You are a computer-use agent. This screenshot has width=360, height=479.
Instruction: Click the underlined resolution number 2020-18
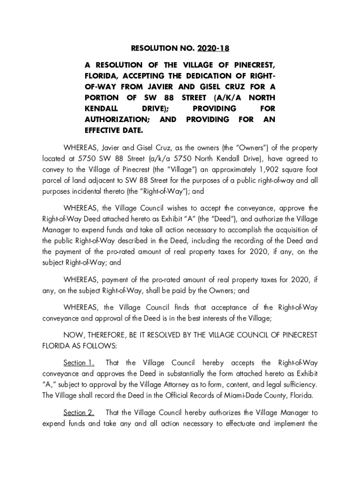pyautogui.click(x=214, y=48)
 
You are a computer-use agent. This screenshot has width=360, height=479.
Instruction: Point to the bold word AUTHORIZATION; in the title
pyautogui.click(x=116, y=119)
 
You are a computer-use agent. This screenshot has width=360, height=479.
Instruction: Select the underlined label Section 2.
pyautogui.click(x=79, y=413)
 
